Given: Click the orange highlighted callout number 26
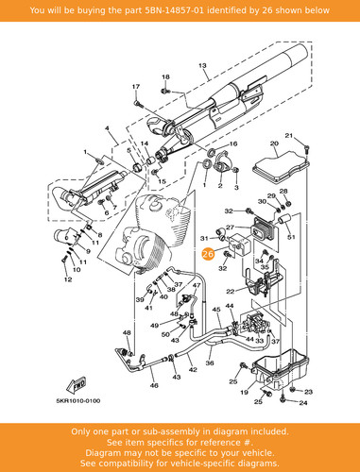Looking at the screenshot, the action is pyautogui.click(x=208, y=254).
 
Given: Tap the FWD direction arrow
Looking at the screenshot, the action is pyautogui.click(x=77, y=386).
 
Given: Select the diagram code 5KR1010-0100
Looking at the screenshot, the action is pyautogui.click(x=78, y=401).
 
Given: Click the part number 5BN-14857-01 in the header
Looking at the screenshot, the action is pyautogui.click(x=174, y=10).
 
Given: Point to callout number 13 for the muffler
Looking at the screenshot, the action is pyautogui.click(x=202, y=66).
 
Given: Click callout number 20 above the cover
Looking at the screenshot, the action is pyautogui.click(x=274, y=143).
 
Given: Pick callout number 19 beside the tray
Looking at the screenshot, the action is pyautogui.click(x=244, y=392).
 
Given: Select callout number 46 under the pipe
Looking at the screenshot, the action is pyautogui.click(x=154, y=385).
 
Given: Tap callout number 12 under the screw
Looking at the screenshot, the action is pyautogui.click(x=68, y=279).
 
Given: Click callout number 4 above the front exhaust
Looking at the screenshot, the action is pyautogui.click(x=107, y=128).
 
